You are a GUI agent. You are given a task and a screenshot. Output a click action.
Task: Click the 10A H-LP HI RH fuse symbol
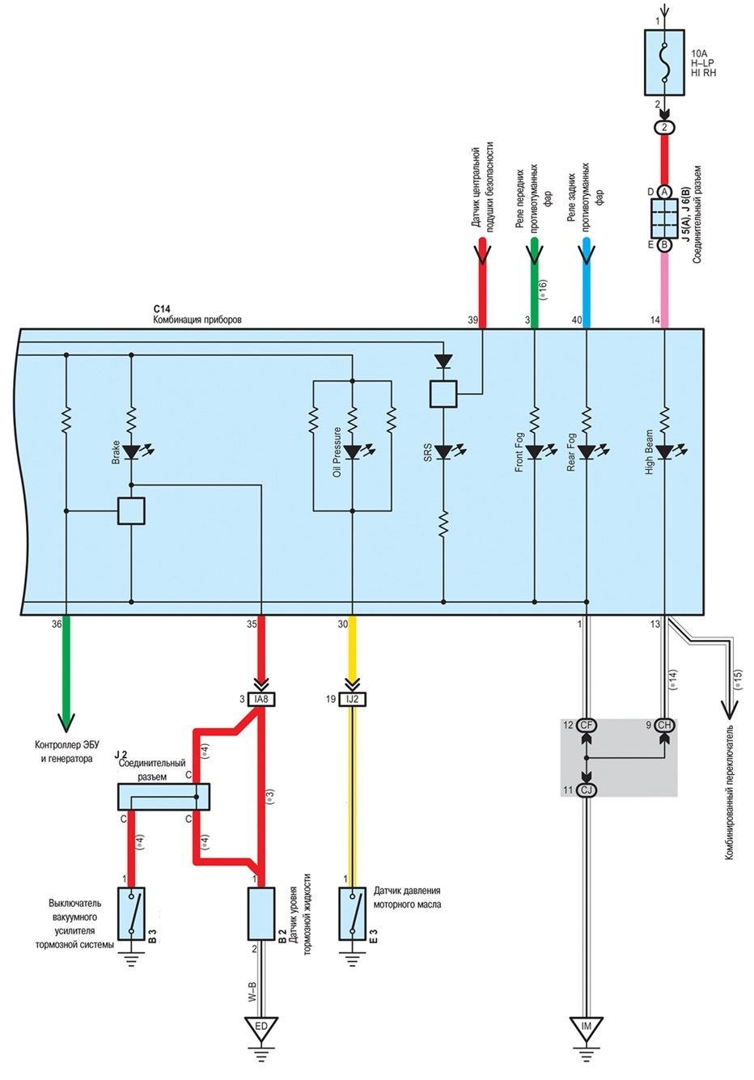664,62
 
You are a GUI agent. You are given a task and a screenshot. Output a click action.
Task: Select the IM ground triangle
587,1026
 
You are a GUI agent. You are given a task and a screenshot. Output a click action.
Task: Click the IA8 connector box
261,699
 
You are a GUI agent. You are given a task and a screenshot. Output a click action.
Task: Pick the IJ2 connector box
353,699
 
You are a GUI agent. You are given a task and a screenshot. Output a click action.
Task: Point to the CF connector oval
587,725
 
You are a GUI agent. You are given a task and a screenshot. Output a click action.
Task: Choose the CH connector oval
664,725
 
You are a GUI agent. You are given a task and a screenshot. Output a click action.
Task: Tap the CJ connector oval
587,790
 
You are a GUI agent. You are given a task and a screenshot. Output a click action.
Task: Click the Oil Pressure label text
337,452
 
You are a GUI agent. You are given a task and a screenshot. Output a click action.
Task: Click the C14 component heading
162,308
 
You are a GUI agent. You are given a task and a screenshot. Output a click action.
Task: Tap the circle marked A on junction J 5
664,192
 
